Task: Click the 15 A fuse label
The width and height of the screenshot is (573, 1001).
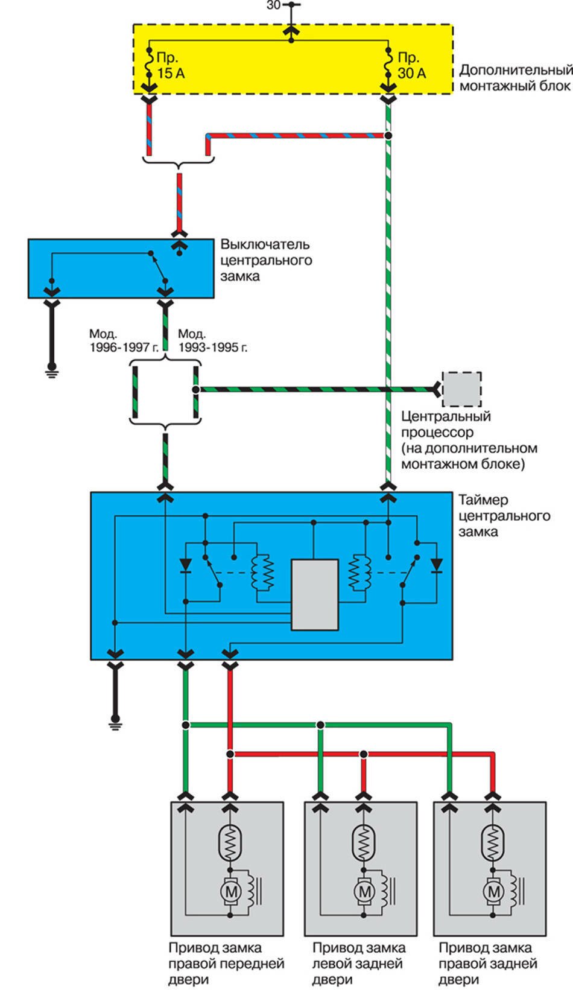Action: click(170, 66)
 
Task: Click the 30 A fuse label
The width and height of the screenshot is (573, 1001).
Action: click(411, 66)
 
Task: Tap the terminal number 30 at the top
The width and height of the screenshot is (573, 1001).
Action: click(273, 5)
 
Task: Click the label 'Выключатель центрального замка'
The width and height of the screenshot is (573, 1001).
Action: click(265, 260)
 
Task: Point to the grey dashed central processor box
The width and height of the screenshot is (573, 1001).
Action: click(461, 389)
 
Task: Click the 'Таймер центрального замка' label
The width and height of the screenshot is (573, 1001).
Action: click(504, 516)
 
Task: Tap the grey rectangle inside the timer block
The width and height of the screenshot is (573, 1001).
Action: click(314, 594)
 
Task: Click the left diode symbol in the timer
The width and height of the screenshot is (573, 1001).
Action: click(186, 565)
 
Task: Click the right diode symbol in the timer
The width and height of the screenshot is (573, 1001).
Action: click(435, 565)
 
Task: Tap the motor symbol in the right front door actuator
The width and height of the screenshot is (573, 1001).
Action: click(229, 891)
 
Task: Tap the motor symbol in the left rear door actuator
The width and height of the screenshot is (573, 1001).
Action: click(364, 891)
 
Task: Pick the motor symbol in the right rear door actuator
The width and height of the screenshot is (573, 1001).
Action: click(493, 891)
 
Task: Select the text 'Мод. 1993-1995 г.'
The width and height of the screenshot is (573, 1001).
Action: click(212, 341)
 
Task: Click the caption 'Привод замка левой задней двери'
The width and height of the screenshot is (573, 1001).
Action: click(358, 964)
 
